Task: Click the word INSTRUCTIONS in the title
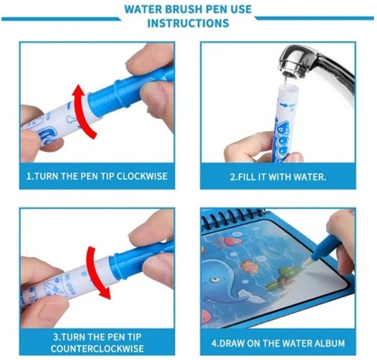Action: pyautogui.click(x=188, y=23)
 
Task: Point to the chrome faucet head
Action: pyautogui.click(x=296, y=61)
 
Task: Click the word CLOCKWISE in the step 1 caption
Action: pyautogui.click(x=141, y=176)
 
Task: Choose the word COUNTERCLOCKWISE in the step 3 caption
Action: pyautogui.click(x=97, y=349)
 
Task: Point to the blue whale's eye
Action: pyautogui.click(x=215, y=280)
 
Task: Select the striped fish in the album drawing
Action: pyautogui.click(x=249, y=266)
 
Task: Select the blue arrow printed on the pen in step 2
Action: pyautogui.click(x=284, y=105)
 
